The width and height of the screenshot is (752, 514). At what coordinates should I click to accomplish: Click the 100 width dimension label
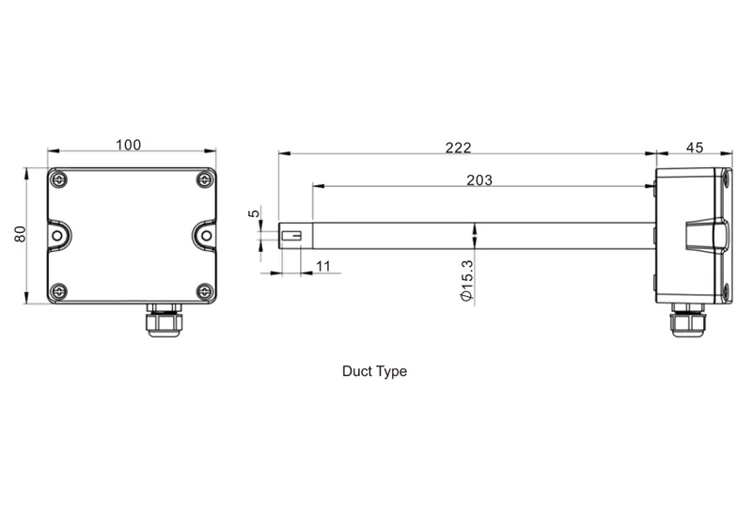pyautogui.click(x=129, y=145)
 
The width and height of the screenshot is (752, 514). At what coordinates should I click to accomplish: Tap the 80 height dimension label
pyautogui.click(x=20, y=234)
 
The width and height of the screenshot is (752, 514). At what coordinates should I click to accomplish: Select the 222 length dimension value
pyautogui.click(x=458, y=148)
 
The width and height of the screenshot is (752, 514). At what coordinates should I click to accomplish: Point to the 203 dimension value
pyautogui.click(x=479, y=179)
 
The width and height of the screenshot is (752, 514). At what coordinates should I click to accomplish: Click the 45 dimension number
pyautogui.click(x=695, y=148)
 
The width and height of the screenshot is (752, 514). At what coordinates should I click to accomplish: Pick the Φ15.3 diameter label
pyautogui.click(x=466, y=281)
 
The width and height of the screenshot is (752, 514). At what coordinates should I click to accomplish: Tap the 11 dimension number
pyautogui.click(x=323, y=266)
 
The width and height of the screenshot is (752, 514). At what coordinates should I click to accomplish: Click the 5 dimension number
pyautogui.click(x=254, y=213)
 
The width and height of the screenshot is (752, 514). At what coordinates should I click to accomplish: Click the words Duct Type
pyautogui.click(x=374, y=371)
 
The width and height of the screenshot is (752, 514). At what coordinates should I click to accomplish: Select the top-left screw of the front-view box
pyautogui.click(x=59, y=179)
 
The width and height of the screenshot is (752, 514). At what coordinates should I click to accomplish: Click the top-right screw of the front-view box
pyautogui.click(x=204, y=179)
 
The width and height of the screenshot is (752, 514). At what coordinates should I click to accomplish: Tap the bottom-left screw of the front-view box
pyautogui.click(x=59, y=291)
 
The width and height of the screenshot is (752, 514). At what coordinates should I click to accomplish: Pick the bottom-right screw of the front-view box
pyautogui.click(x=204, y=291)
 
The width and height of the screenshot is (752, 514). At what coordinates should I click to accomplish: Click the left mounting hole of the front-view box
pyautogui.click(x=57, y=236)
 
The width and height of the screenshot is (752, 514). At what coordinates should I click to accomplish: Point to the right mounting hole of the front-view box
pyautogui.click(x=206, y=236)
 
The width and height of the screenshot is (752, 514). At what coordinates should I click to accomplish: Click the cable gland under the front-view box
pyautogui.click(x=164, y=319)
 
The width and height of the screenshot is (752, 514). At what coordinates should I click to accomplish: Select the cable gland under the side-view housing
pyautogui.click(x=687, y=319)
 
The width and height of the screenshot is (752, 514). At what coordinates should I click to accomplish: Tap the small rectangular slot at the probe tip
pyautogui.click(x=291, y=236)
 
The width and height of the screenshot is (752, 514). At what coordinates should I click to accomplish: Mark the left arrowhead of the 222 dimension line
pyautogui.click(x=285, y=153)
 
